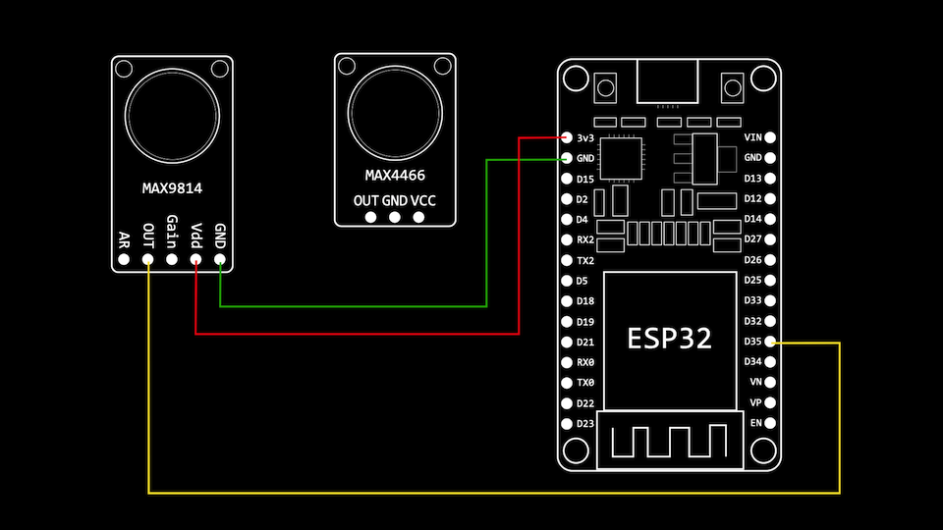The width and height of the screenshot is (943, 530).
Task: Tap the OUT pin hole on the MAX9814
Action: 148,260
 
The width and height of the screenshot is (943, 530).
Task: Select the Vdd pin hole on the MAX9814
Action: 195,260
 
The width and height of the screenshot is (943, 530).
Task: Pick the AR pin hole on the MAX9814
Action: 124,260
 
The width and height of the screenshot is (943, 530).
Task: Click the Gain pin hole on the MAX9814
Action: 172,260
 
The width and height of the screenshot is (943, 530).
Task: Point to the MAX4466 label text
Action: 395,176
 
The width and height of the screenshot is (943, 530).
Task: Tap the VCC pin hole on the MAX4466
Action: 419,217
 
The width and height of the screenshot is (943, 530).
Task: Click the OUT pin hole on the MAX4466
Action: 369,217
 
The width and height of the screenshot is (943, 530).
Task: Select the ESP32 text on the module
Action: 670,338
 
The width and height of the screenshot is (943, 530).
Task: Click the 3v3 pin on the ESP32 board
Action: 568,137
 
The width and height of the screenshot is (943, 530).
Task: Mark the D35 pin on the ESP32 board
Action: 770,342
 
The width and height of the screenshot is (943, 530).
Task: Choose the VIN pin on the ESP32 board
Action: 770,137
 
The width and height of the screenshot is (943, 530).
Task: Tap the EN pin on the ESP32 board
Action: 770,423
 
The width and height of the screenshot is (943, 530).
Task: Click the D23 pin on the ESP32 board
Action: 568,423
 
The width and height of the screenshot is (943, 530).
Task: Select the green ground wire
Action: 354,306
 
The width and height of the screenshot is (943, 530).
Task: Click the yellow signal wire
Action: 491,492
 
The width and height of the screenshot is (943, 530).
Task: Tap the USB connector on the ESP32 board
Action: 669,80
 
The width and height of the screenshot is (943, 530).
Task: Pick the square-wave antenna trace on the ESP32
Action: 670,441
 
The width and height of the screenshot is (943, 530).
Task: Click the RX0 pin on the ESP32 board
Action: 568,362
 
